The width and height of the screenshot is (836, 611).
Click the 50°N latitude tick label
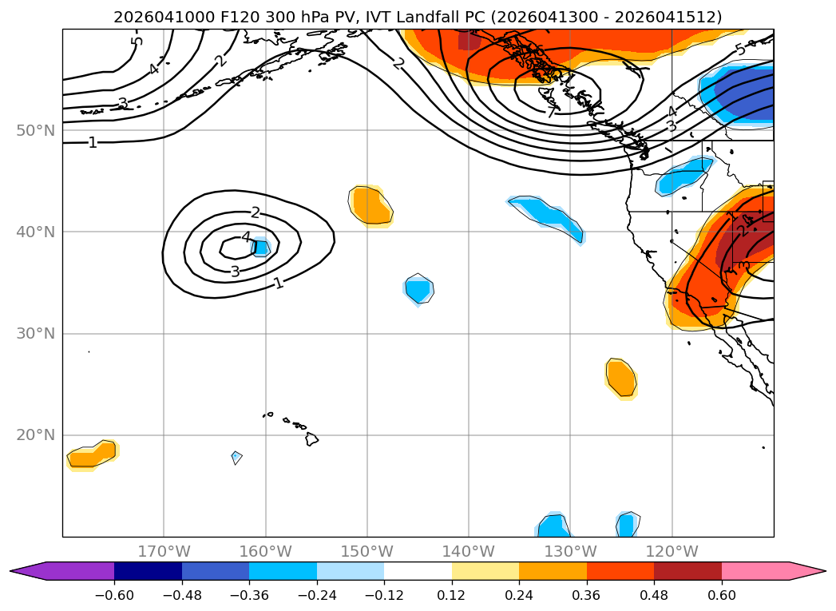click(x=35, y=130)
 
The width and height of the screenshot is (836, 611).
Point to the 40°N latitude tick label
click(x=35, y=232)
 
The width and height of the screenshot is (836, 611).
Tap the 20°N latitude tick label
click(x=35, y=435)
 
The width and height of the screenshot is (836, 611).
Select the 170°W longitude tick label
click(x=164, y=551)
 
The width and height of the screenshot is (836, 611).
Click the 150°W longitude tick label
click(x=366, y=551)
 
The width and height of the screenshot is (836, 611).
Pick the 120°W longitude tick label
click(x=672, y=551)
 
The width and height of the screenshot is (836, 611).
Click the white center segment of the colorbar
click(x=418, y=571)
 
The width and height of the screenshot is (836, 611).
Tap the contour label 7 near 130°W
click(x=551, y=113)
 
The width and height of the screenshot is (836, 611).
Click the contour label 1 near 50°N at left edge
click(x=93, y=143)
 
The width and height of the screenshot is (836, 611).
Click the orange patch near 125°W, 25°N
click(x=621, y=377)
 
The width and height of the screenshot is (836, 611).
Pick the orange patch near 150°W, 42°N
click(x=370, y=205)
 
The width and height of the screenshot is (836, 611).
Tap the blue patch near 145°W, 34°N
click(x=418, y=288)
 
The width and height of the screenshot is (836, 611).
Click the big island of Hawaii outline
click(x=311, y=438)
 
